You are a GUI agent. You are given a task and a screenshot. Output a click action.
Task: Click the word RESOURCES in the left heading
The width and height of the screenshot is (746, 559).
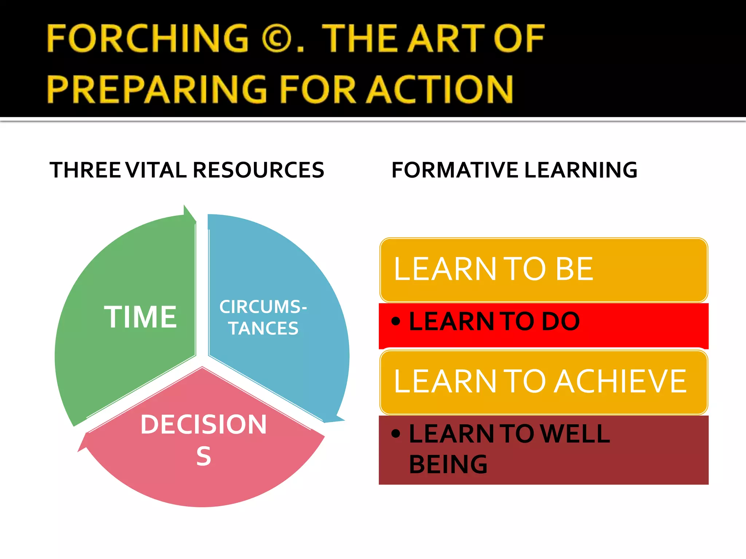click(258, 170)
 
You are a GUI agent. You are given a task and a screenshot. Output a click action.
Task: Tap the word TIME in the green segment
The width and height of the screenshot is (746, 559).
click(140, 317)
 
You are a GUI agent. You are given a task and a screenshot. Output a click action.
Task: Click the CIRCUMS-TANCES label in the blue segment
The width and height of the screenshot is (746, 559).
click(263, 317)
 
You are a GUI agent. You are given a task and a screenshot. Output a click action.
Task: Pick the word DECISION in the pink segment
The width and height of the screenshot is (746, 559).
click(204, 424)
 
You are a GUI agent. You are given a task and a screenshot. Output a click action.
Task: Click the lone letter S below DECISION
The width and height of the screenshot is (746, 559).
click(204, 456)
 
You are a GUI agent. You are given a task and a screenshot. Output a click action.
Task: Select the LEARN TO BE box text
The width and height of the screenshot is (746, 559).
click(494, 269)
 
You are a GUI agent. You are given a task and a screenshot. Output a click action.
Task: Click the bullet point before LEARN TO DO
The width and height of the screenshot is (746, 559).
click(396, 321)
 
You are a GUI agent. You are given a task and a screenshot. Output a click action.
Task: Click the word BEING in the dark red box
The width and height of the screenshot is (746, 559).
click(448, 464)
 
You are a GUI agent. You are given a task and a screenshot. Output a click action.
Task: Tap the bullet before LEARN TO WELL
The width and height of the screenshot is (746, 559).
click(396, 433)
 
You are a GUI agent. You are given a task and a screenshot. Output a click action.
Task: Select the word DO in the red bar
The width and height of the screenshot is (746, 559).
click(560, 321)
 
